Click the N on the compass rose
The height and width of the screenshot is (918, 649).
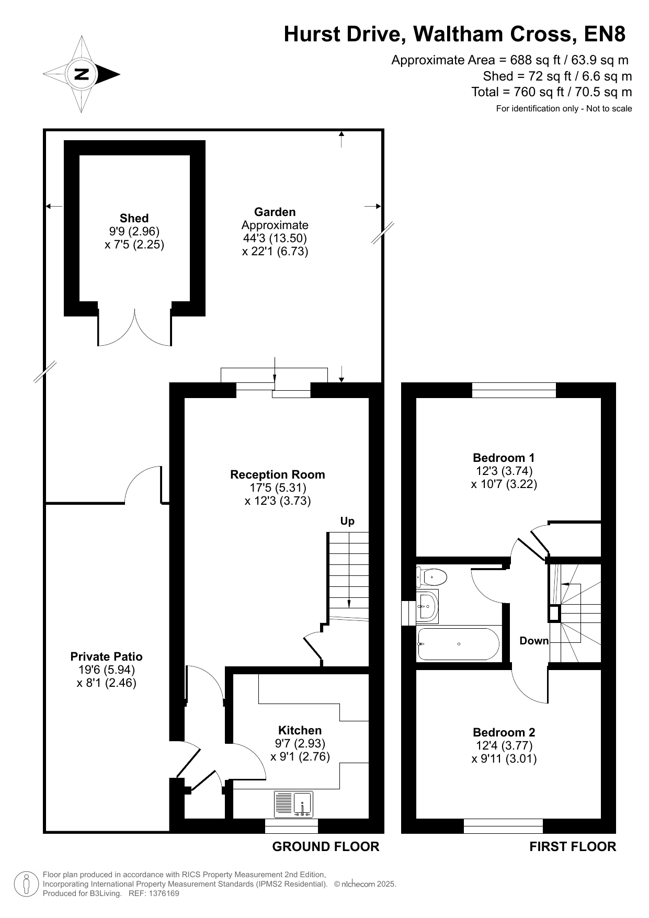pos(82,74)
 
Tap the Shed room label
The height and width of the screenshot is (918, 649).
pos(134,218)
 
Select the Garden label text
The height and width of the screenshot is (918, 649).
pos(275,212)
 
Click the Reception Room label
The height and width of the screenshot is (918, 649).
pos(278,474)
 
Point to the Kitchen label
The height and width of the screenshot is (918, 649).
pos(300,730)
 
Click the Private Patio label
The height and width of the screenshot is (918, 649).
pos(107,656)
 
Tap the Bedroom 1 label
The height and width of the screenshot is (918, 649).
pos(504,458)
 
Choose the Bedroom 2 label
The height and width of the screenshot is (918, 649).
pos(504,732)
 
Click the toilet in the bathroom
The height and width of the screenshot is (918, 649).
pos(431,577)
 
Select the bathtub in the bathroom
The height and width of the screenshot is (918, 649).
pos(459,644)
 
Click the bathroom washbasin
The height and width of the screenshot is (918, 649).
pos(428,607)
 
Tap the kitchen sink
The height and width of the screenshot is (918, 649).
pos(293,804)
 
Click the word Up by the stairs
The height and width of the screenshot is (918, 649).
pos(347,521)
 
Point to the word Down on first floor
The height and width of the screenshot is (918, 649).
pos(534,641)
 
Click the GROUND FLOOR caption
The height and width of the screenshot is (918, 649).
pos(326,846)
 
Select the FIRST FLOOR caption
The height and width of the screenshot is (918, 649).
pos(573,846)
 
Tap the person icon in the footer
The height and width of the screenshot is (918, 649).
pos(26,884)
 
